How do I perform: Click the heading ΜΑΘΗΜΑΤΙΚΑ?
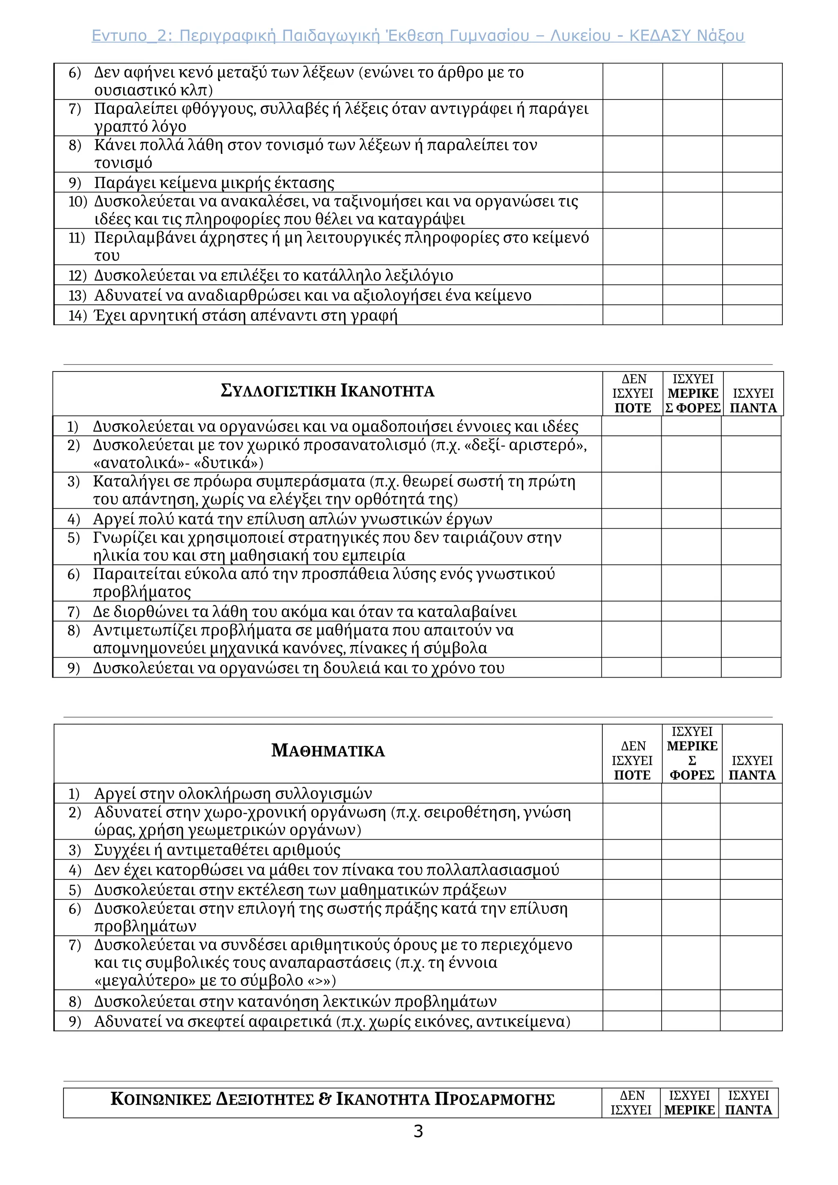coord(328,750)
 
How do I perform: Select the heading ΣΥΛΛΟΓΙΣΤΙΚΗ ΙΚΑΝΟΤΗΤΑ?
coord(327,391)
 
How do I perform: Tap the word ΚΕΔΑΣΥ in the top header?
coord(660,36)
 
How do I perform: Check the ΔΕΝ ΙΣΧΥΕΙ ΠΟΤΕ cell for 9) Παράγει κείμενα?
coord(632,182)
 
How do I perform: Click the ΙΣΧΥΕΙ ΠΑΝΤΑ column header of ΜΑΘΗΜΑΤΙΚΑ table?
coord(752,768)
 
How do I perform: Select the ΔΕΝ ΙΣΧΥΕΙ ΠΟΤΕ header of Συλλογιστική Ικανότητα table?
coord(633,393)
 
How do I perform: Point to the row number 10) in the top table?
coord(77,201)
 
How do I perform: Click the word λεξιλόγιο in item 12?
coord(419,275)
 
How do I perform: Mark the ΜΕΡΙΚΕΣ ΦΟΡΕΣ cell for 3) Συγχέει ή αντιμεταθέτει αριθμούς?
coord(691,849)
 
